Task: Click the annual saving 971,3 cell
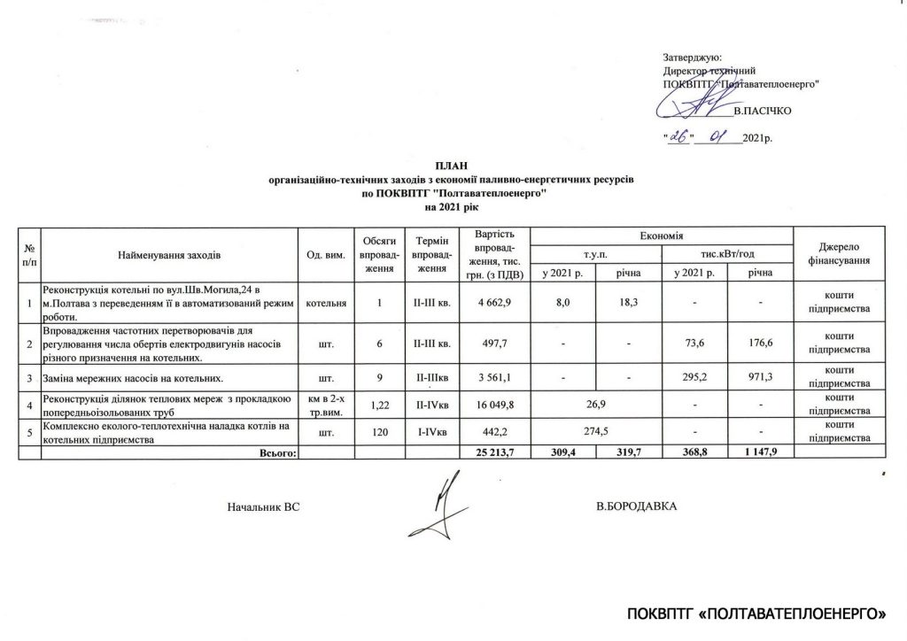click(x=759, y=377)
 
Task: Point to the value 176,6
click(x=759, y=341)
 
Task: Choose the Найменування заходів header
click(x=168, y=255)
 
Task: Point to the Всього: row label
click(x=278, y=452)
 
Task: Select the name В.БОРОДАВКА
click(x=636, y=506)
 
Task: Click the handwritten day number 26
click(x=680, y=136)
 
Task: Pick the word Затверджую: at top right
click(x=692, y=56)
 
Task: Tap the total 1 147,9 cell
click(x=759, y=452)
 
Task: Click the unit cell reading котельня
click(x=326, y=304)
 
